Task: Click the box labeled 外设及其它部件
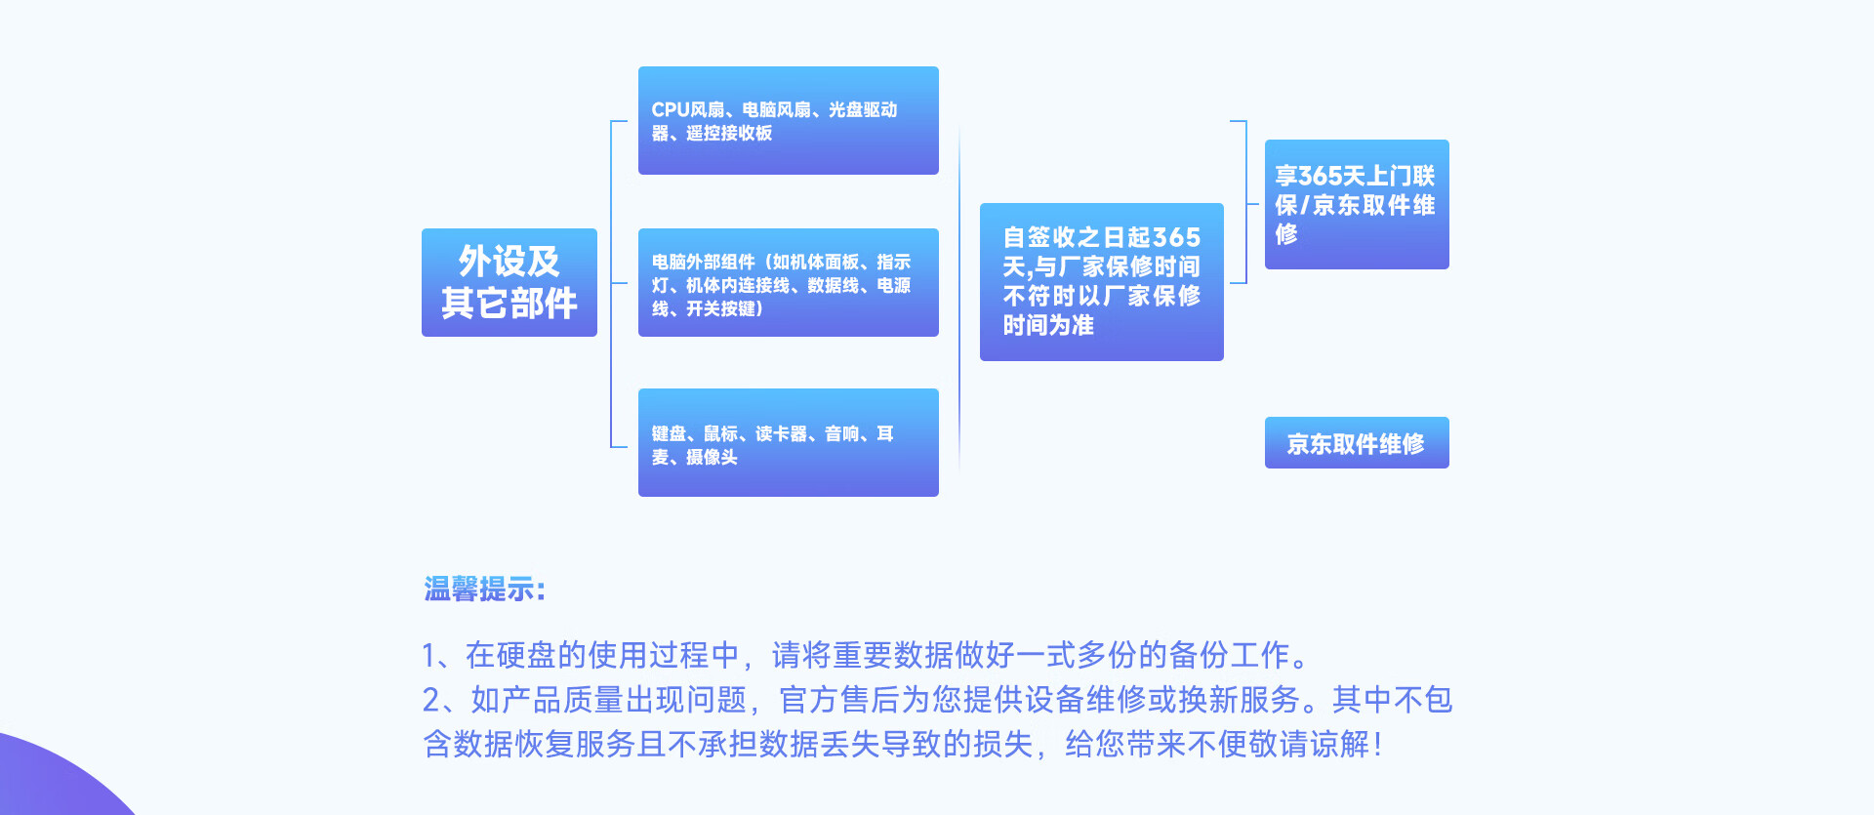(509, 282)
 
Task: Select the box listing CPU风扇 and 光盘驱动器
(788, 120)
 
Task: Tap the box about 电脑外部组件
(788, 282)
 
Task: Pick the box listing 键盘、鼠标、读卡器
(788, 442)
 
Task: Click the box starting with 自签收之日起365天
(1101, 282)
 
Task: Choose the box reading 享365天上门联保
(1356, 204)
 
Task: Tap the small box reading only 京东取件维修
(1356, 443)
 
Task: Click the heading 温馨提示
(484, 590)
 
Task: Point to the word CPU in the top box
(671, 110)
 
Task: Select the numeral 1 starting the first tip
(428, 656)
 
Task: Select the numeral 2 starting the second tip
(431, 700)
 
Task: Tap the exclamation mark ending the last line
(1377, 746)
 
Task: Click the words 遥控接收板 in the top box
(729, 134)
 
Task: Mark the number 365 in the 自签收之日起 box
(1176, 237)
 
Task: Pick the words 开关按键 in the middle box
(720, 309)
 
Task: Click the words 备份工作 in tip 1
(1230, 655)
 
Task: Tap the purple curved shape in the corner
(49, 781)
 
